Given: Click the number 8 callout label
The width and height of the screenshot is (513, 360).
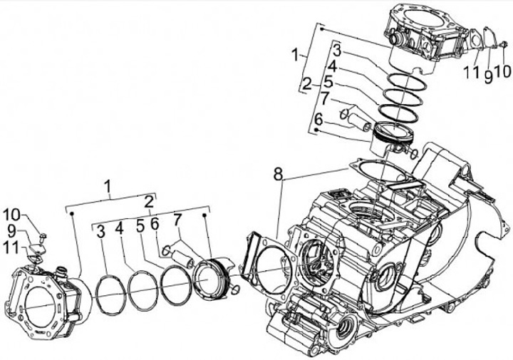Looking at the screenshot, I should tap(278, 173).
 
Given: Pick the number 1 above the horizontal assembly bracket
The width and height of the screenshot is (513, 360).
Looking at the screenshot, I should tap(108, 188).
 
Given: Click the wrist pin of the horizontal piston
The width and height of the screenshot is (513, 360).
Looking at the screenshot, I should tap(179, 252).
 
